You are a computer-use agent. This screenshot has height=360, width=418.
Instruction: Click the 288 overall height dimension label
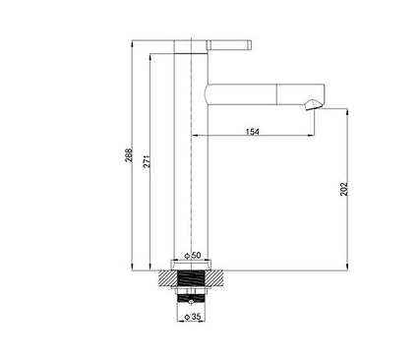click(129, 154)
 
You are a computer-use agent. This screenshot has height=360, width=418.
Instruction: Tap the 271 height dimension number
click(148, 161)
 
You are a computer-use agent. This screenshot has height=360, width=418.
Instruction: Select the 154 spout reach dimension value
click(252, 132)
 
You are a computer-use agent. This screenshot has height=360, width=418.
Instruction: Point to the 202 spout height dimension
click(343, 189)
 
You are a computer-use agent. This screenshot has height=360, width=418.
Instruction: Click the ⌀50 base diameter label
click(193, 255)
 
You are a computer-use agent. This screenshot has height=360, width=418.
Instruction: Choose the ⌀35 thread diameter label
click(193, 317)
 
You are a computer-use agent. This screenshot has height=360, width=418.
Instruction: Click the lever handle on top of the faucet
click(229, 45)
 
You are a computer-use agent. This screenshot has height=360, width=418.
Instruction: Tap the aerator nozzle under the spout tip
click(313, 105)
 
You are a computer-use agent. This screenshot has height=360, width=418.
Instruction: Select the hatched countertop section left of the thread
click(168, 278)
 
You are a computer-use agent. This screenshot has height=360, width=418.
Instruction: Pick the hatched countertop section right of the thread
click(215, 278)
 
